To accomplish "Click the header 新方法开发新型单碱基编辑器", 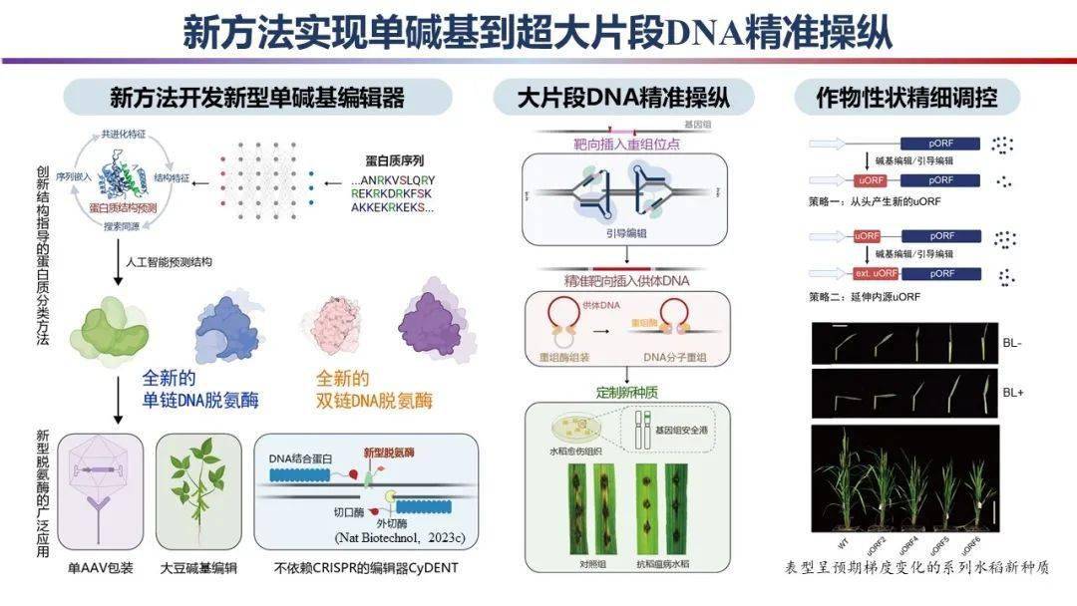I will tap(257, 98).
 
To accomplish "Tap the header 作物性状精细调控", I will tap(904, 98).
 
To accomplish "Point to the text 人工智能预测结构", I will tap(170, 262).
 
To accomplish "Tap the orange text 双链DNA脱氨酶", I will tap(374, 402).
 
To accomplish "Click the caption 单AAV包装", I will tap(100, 568).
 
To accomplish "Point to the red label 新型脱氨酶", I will tap(389, 453).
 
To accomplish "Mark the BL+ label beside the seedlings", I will tap(1013, 393).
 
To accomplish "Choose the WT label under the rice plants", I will tap(844, 545).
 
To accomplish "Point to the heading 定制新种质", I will tap(627, 391).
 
